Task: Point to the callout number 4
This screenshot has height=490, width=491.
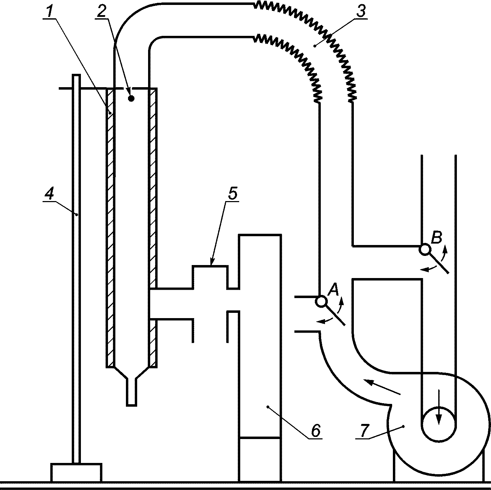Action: click(x=49, y=195)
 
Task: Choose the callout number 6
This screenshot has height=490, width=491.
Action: click(x=316, y=431)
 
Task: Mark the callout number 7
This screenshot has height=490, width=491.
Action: click(x=364, y=431)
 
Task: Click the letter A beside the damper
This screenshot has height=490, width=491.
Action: click(x=333, y=290)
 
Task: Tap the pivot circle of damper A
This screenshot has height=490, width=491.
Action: click(x=321, y=302)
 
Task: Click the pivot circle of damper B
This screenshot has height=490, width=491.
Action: click(x=425, y=250)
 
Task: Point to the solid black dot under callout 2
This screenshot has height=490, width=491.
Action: click(x=131, y=98)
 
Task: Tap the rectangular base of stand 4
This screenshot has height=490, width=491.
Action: click(x=76, y=472)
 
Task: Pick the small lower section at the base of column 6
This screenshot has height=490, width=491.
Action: click(x=260, y=460)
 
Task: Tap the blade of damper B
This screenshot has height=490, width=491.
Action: click(x=439, y=264)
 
